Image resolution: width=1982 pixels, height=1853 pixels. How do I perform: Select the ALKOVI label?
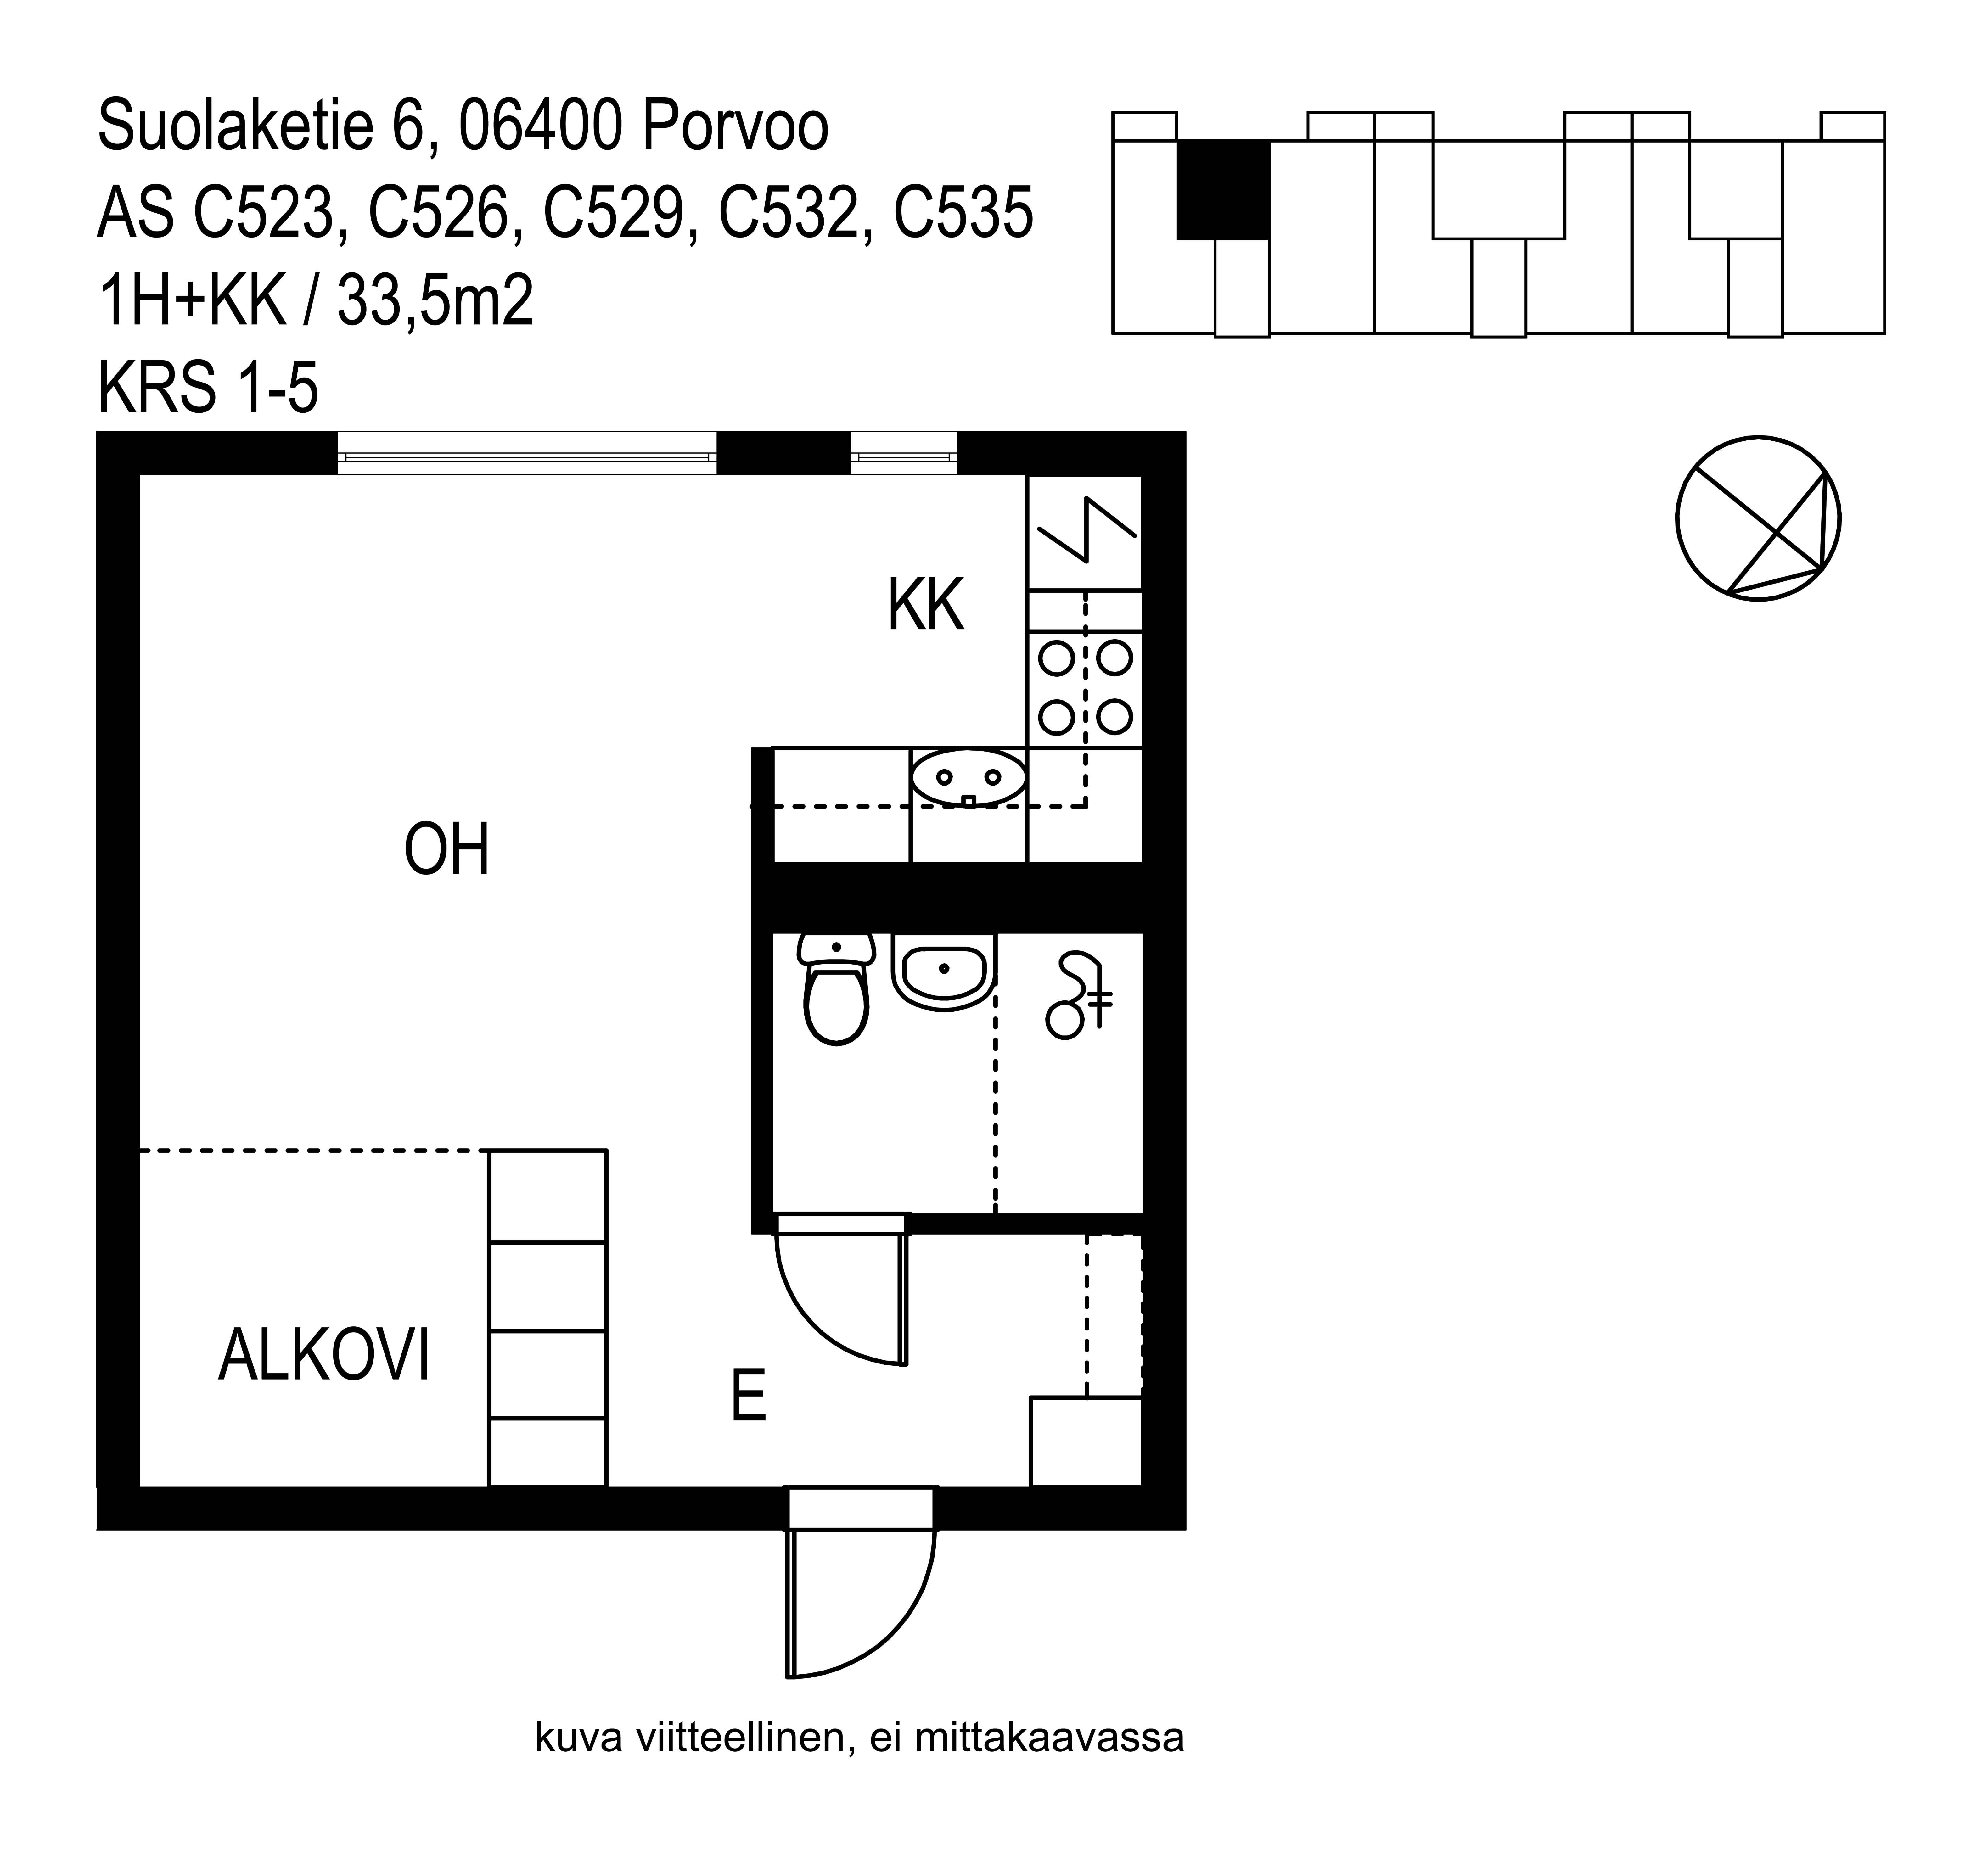click(x=324, y=1356)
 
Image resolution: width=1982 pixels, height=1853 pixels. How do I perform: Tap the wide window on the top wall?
click(x=526, y=454)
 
